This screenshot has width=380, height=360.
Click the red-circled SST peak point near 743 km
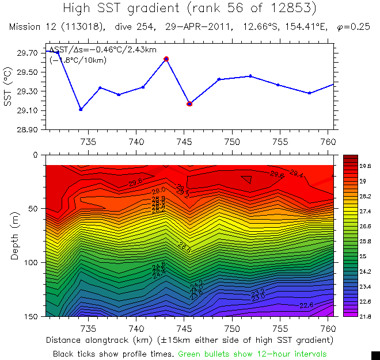click(166, 59)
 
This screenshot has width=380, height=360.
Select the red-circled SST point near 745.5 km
click(189, 104)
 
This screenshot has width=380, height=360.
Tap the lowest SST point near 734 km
click(81, 109)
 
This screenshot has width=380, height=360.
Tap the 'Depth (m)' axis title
click(14, 236)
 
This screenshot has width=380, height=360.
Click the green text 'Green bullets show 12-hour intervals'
click(252, 353)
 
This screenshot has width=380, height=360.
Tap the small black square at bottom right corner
click(375, 355)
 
